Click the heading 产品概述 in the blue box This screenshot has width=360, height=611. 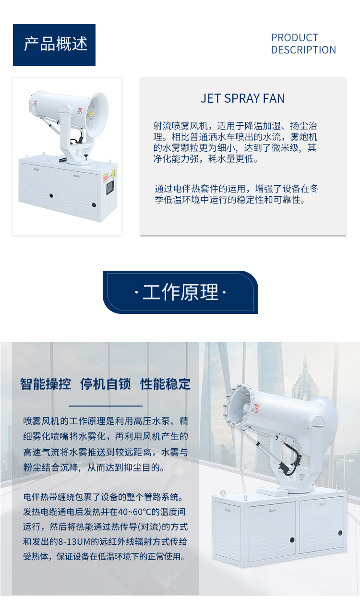coord(55,44)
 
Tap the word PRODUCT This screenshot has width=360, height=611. coord(295,37)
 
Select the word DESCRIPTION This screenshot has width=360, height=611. coord(303,50)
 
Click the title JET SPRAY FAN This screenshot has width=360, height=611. coord(242,98)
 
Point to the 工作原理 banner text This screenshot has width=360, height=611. coord(180,292)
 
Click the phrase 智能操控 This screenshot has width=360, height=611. coord(45,384)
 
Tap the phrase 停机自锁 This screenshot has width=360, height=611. coord(105,384)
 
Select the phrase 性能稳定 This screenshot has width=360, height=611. coord(165,384)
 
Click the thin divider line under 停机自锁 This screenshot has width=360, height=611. coord(106,406)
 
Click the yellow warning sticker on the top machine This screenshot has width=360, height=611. coord(114,173)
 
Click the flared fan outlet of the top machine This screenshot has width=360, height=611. coord(97,115)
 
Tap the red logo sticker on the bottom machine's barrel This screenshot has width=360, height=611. coord(256,408)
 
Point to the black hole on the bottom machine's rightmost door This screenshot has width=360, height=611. coord(340,533)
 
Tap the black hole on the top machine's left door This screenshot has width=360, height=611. coord(51,195)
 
